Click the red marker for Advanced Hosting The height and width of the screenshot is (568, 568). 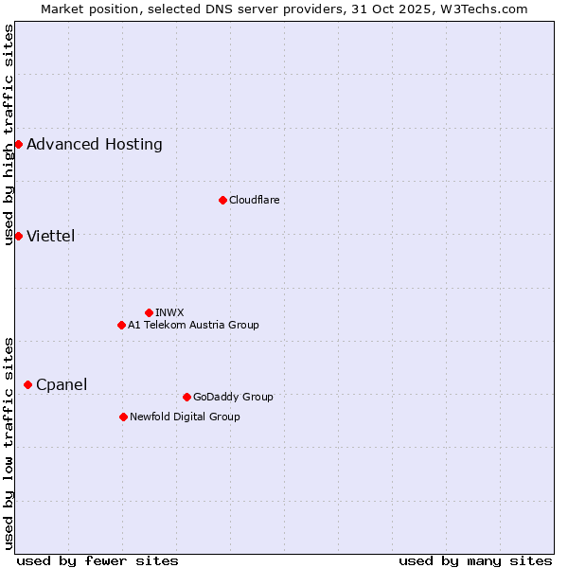pyautogui.click(x=18, y=144)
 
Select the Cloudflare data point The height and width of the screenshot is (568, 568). pyautogui.click(x=222, y=200)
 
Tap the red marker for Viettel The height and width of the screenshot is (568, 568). pyautogui.click(x=18, y=236)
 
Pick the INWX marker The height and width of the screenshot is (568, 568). pyautogui.click(x=149, y=312)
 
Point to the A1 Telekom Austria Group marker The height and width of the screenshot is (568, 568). pyautogui.click(x=121, y=325)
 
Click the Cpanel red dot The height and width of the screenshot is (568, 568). pyautogui.click(x=27, y=384)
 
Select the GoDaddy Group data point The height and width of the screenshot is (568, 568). pyautogui.click(x=186, y=397)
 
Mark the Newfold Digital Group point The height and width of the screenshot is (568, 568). pyautogui.click(x=123, y=417)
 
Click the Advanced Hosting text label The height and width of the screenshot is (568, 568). pyautogui.click(x=95, y=144)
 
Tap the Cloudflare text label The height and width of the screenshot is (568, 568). pyautogui.click(x=255, y=200)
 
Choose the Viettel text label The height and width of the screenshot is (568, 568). pyautogui.click(x=51, y=236)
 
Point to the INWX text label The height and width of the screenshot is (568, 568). pyautogui.click(x=169, y=312)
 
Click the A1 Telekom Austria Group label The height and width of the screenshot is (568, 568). pyautogui.click(x=193, y=325)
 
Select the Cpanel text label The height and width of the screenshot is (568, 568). pyautogui.click(x=62, y=384)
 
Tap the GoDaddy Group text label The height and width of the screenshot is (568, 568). pyautogui.click(x=233, y=397)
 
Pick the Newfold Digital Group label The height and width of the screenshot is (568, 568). pyautogui.click(x=185, y=417)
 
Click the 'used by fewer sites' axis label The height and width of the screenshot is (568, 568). pyautogui.click(x=98, y=560)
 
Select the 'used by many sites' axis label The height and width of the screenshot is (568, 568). pyautogui.click(x=475, y=560)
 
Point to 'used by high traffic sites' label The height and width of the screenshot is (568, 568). pyautogui.click(x=9, y=134)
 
